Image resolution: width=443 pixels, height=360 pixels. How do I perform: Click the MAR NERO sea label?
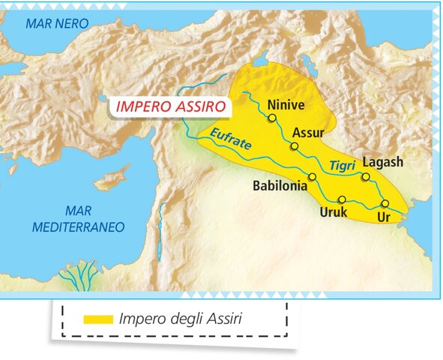[x=57, y=23]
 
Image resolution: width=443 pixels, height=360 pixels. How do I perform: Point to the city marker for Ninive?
[x=272, y=118]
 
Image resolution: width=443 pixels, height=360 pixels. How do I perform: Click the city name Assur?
[x=307, y=133]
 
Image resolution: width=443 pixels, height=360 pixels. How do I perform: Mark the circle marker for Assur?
[x=295, y=146]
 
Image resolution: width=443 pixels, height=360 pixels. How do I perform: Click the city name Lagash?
[x=382, y=162]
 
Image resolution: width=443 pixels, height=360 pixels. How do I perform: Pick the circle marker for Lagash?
[x=366, y=177]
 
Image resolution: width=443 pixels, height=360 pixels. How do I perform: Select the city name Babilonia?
[x=280, y=185]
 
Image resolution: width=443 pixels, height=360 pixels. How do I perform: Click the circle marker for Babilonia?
[x=312, y=176]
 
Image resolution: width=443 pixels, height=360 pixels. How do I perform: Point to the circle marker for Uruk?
[x=342, y=199]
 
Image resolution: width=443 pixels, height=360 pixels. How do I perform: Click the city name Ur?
[x=383, y=217]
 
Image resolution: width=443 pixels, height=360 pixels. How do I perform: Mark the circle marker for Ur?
[x=385, y=203]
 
